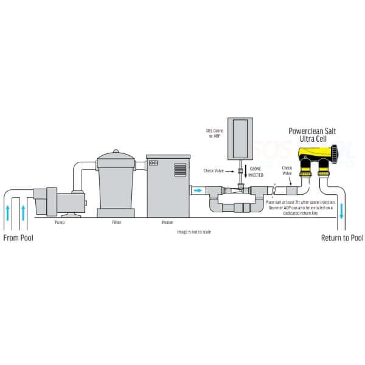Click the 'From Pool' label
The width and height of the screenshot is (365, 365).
[18, 237]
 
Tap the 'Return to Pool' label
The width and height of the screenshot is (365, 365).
[342, 237]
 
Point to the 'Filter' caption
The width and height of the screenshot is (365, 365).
[117, 223]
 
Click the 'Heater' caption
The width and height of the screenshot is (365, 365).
[167, 223]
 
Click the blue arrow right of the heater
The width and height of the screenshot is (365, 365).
[199, 190]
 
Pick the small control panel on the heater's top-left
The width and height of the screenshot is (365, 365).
[153, 163]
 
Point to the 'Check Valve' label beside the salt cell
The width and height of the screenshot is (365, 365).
[287, 170]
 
